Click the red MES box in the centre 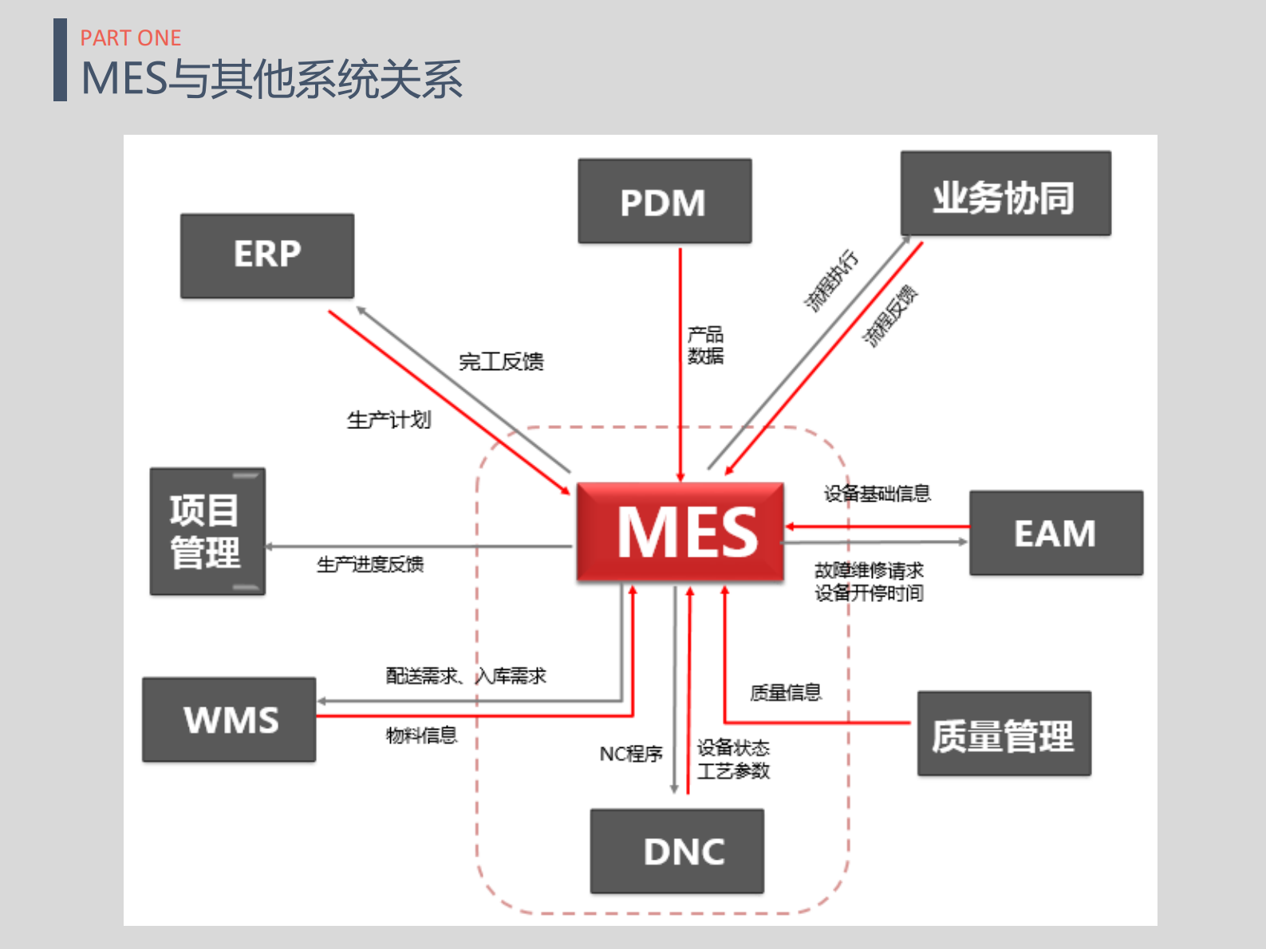tap(680, 531)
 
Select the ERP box tap(267, 256)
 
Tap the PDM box tap(665, 202)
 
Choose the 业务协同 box tap(1005, 194)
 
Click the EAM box tap(1055, 533)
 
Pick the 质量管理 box tap(1004, 734)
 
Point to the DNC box tap(676, 851)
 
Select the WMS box tap(229, 719)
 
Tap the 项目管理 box tap(207, 531)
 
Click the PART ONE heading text tap(131, 38)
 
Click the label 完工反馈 tap(501, 362)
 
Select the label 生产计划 tap(388, 419)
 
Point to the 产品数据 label tap(705, 345)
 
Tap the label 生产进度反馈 tap(370, 565)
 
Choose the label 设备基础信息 tap(877, 494)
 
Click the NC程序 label tap(631, 754)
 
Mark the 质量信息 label tap(786, 692)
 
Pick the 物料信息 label tap(421, 734)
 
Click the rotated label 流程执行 tap(830, 281)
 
